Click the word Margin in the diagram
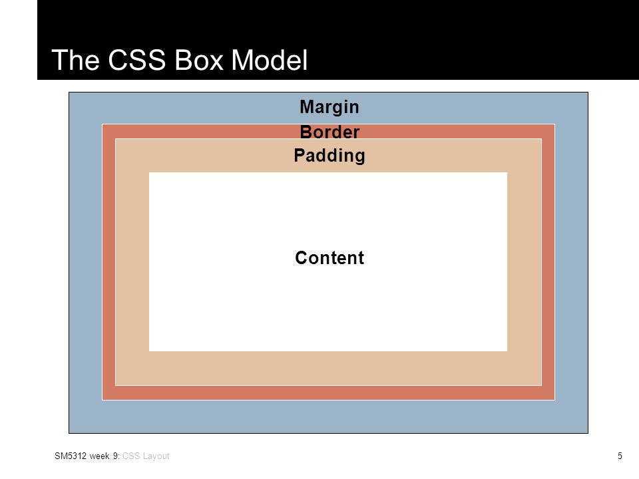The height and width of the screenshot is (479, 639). pyautogui.click(x=329, y=108)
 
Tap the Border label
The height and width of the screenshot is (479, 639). pyautogui.click(x=329, y=132)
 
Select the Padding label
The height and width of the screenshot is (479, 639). pyautogui.click(x=329, y=156)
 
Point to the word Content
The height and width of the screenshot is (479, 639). pyautogui.click(x=329, y=258)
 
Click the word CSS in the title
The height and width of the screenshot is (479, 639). pyautogui.click(x=137, y=60)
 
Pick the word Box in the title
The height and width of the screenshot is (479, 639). pyautogui.click(x=199, y=60)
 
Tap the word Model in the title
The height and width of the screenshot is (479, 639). pyautogui.click(x=270, y=60)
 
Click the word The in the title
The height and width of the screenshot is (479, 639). pyautogui.click(x=75, y=60)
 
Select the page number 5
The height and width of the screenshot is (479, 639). pyautogui.click(x=620, y=456)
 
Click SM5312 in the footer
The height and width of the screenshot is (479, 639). pyautogui.click(x=71, y=456)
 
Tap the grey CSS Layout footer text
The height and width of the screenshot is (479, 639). pyautogui.click(x=146, y=456)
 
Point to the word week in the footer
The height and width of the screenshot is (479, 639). pyautogui.click(x=99, y=456)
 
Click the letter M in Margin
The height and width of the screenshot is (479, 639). pyautogui.click(x=306, y=106)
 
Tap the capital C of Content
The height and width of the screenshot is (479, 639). pyautogui.click(x=302, y=258)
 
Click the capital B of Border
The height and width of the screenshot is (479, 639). pyautogui.click(x=306, y=132)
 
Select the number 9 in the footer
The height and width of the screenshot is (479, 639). pyautogui.click(x=116, y=456)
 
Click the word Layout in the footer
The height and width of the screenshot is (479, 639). pyautogui.click(x=156, y=456)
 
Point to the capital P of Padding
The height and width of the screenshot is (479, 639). pyautogui.click(x=300, y=155)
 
